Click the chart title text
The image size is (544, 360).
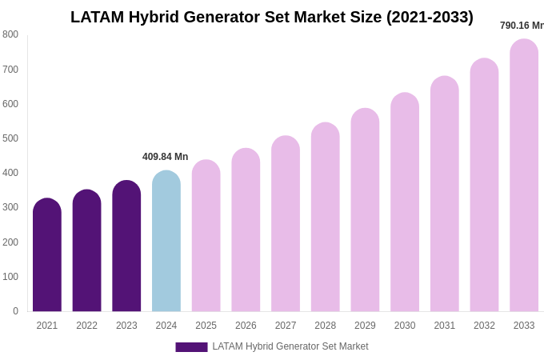point(272,17)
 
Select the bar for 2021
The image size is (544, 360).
point(47,256)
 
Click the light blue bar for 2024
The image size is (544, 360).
point(166,242)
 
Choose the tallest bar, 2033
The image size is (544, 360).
point(524,176)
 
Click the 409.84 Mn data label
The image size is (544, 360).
point(166,157)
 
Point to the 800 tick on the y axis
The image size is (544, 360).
point(10,34)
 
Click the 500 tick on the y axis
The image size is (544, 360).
point(10,138)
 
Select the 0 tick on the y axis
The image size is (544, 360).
point(15,311)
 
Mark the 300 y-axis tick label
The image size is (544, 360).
point(10,207)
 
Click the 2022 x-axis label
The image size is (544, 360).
point(87,326)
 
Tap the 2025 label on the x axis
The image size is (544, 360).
point(206,326)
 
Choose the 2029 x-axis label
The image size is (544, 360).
point(365,326)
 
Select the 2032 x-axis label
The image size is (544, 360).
point(484,326)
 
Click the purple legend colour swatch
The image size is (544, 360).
point(191,347)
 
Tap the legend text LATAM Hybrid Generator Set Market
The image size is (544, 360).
point(290,346)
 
